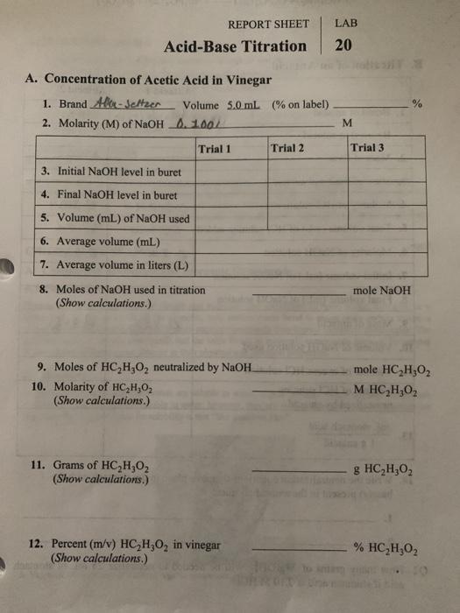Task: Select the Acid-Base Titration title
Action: click(x=235, y=46)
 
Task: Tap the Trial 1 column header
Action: click(x=216, y=148)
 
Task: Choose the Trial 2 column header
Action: click(x=288, y=148)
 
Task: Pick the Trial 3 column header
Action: click(x=367, y=148)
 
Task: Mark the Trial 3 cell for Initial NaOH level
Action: click(x=386, y=172)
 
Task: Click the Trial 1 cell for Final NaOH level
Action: click(x=230, y=194)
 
